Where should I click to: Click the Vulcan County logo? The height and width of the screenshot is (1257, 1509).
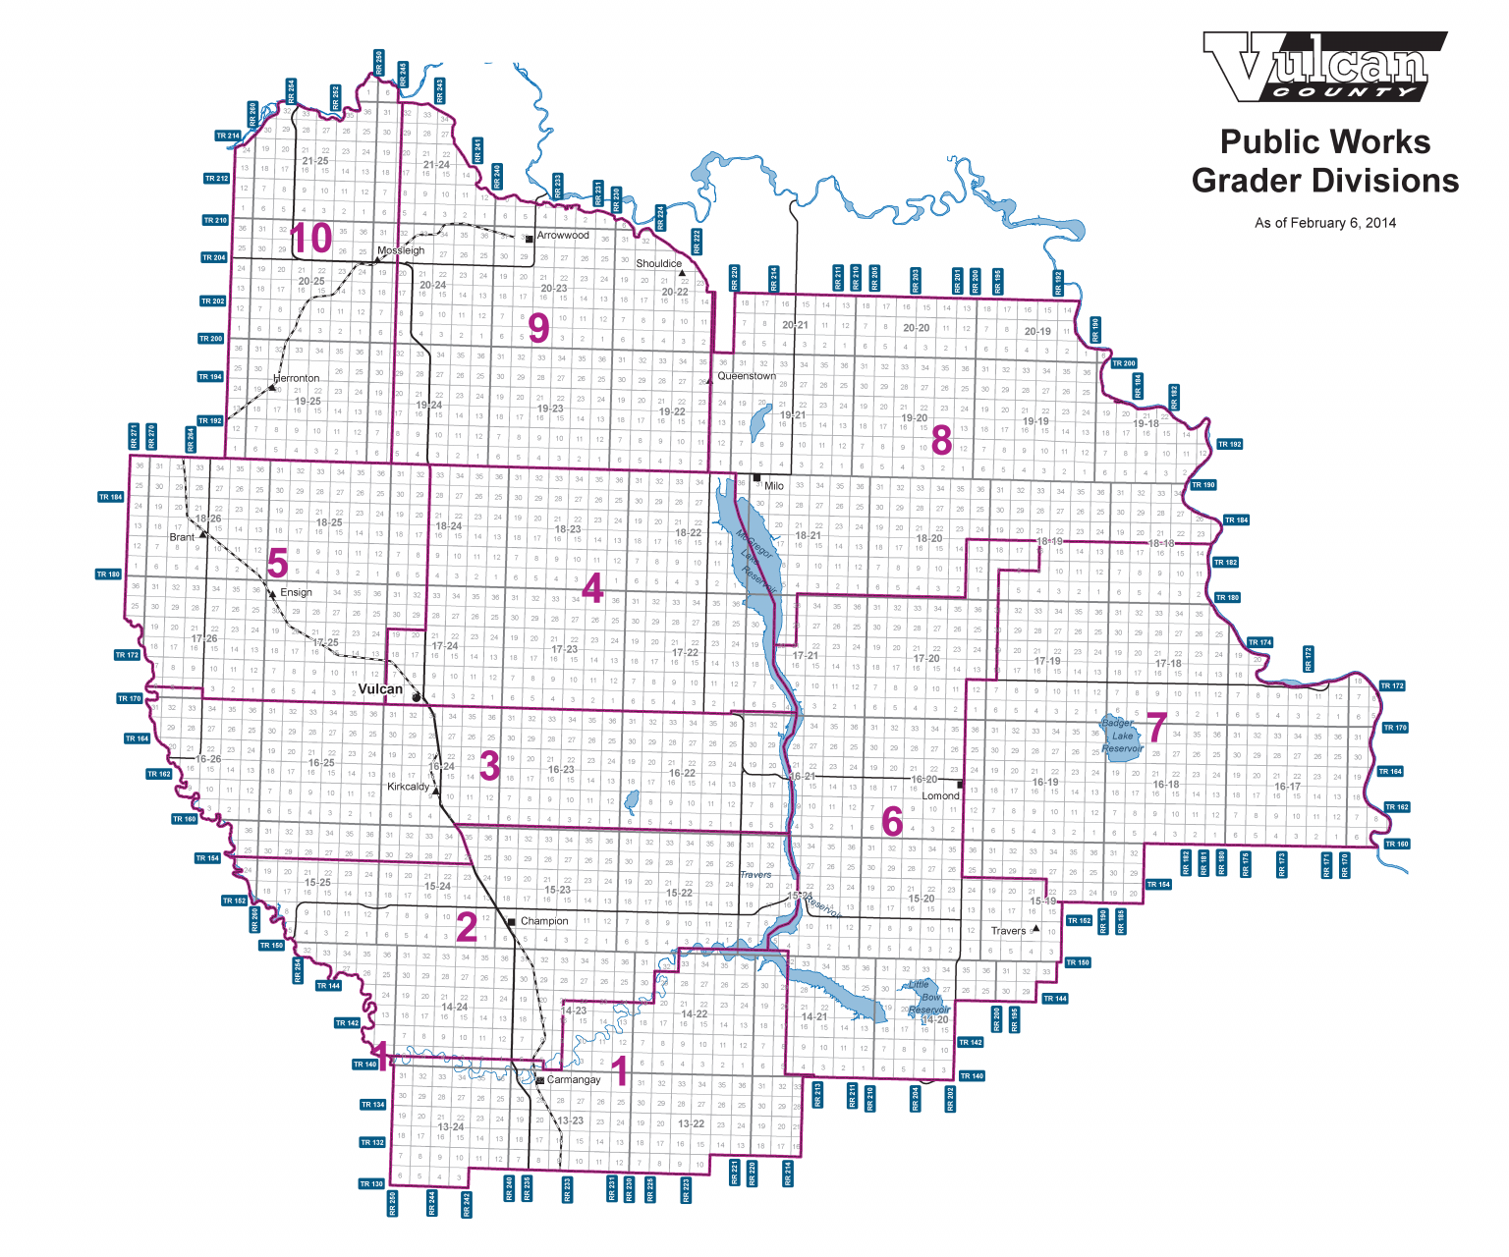point(1323,67)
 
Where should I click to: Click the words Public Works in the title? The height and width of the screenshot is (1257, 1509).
point(1324,142)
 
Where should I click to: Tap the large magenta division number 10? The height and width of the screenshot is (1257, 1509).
point(311,240)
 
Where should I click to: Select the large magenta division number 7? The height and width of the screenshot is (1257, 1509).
point(1156,730)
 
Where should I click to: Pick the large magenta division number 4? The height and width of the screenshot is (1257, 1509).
point(592,589)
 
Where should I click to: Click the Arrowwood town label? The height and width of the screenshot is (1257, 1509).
point(563,236)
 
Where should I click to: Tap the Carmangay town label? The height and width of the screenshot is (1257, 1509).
point(573,1080)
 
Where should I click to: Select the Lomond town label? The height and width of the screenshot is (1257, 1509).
point(940,795)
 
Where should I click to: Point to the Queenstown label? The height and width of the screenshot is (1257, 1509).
point(747,376)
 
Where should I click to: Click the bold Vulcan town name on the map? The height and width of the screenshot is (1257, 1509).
point(380,689)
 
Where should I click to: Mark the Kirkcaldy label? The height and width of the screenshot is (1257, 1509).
point(409,787)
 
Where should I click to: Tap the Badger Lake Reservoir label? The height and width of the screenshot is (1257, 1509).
point(1122,736)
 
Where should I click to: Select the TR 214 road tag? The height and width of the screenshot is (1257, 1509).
point(228,136)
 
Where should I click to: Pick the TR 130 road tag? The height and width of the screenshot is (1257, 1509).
point(371,1183)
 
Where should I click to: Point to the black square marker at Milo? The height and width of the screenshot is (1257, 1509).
point(756,478)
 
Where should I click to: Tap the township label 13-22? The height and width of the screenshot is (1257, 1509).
point(691,1123)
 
